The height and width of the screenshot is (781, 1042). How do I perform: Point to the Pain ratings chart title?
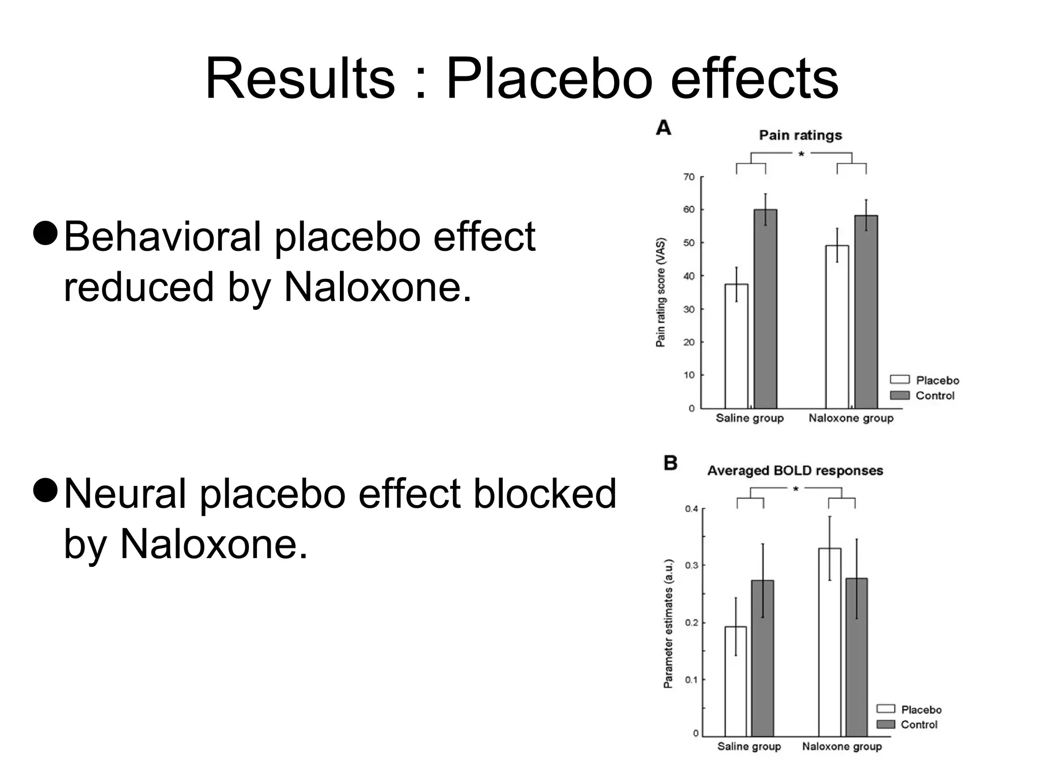tap(800, 135)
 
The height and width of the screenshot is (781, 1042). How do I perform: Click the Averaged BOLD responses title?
tap(795, 471)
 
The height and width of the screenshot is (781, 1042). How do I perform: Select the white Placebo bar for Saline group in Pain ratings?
tap(736, 346)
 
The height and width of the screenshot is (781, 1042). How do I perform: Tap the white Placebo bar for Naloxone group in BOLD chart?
tap(829, 641)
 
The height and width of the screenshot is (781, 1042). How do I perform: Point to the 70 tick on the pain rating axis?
tap(688, 177)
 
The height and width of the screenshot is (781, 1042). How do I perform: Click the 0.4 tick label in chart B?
tap(691, 509)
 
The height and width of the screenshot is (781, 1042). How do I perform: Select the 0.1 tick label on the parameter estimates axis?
tap(691, 680)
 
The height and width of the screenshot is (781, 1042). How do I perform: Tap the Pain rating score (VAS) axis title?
tap(660, 292)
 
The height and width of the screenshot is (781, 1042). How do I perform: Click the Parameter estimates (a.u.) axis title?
tap(668, 623)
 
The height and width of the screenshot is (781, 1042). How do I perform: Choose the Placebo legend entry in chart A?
tap(937, 380)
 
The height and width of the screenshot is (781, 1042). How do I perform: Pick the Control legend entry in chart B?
tap(918, 725)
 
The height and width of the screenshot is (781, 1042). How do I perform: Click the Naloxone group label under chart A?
tap(851, 418)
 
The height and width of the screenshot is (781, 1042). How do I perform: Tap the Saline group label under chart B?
tap(749, 746)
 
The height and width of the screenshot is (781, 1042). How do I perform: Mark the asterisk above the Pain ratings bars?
tap(801, 154)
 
